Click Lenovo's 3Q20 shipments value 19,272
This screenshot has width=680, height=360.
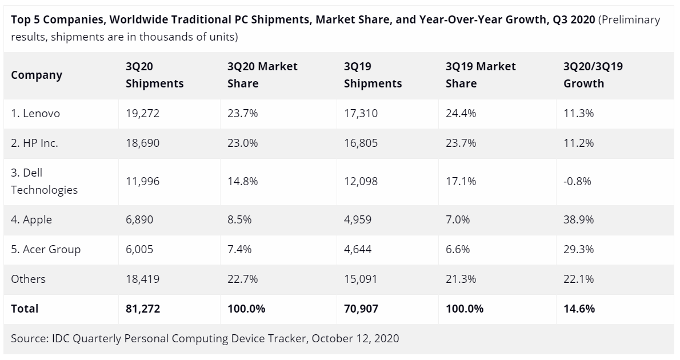tap(142, 113)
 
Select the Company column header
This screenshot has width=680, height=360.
tap(37, 75)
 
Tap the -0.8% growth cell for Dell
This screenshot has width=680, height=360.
tap(577, 181)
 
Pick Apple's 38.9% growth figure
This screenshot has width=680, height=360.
tap(578, 219)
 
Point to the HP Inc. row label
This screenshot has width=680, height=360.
tap(34, 143)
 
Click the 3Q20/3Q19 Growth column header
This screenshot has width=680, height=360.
tap(593, 74)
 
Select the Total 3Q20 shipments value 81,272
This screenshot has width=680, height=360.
tap(142, 309)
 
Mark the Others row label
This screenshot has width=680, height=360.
tap(28, 279)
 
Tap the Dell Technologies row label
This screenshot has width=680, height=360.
tap(44, 181)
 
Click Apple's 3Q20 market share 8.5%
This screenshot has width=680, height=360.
tap(239, 219)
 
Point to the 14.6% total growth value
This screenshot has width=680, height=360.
tap(579, 309)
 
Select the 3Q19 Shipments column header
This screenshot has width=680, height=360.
tap(373, 74)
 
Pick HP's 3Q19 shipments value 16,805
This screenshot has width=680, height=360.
tap(361, 143)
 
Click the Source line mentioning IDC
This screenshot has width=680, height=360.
tap(205, 338)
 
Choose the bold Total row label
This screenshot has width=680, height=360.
tap(25, 309)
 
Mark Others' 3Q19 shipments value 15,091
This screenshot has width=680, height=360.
tap(361, 279)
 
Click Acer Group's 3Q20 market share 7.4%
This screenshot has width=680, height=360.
tap(239, 249)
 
